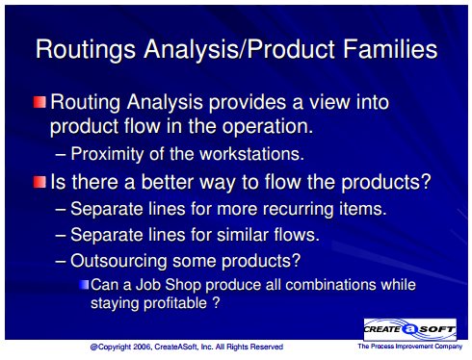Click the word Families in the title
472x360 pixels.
390,49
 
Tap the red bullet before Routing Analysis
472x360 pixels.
39,102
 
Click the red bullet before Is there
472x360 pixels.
39,182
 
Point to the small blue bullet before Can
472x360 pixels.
84,285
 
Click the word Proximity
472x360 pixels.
107,154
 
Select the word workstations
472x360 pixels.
251,154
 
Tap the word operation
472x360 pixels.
268,127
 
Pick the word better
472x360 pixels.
167,182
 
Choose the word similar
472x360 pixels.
243,235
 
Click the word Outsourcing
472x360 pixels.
118,261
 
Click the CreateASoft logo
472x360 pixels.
409,329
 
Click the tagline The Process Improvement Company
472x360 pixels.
410,347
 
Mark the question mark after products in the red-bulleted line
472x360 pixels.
426,181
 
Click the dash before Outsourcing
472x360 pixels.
61,262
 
